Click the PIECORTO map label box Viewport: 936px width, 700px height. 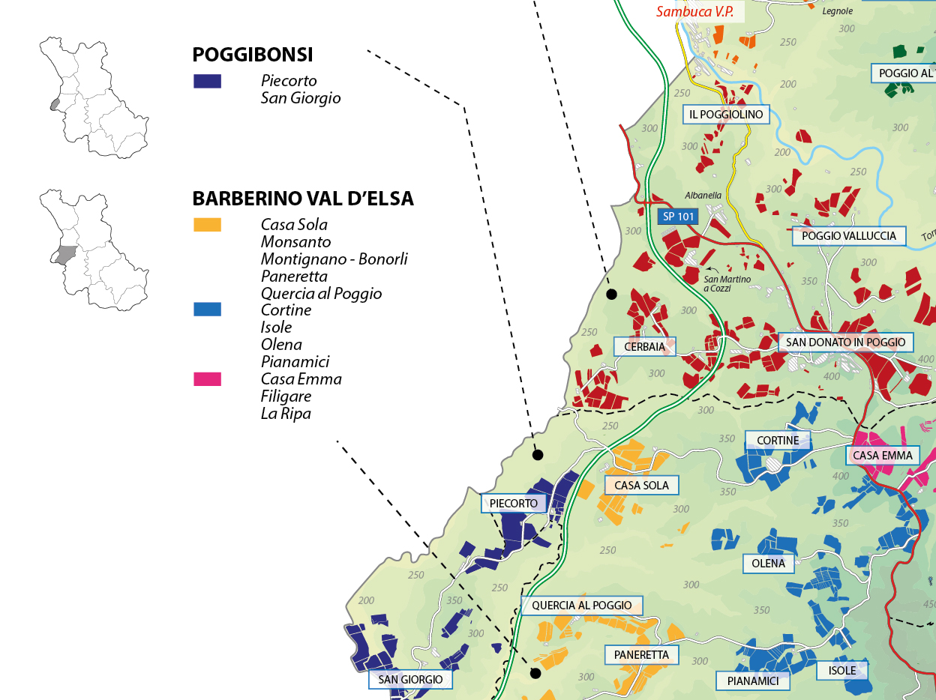click(514, 504)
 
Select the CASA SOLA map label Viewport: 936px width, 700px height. click(641, 486)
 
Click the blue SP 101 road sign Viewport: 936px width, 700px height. click(678, 217)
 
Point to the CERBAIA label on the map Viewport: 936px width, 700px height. click(644, 346)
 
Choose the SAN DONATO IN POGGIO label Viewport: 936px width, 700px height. click(845, 343)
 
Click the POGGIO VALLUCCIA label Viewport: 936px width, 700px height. click(849, 236)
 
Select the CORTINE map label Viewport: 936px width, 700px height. click(778, 440)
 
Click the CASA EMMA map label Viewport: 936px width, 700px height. click(883, 455)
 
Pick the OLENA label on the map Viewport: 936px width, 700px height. click(768, 564)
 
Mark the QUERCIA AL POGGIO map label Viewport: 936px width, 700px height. click(581, 606)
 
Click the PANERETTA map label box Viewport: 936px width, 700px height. click(641, 655)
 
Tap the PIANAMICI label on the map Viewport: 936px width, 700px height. click(758, 681)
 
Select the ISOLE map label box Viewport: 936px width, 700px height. click(842, 670)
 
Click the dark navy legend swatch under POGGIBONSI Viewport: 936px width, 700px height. click(207, 81)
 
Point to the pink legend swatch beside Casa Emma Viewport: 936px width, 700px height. click(207, 379)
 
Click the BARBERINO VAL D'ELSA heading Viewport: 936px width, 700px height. click(303, 199)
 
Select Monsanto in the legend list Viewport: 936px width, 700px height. click(295, 242)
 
